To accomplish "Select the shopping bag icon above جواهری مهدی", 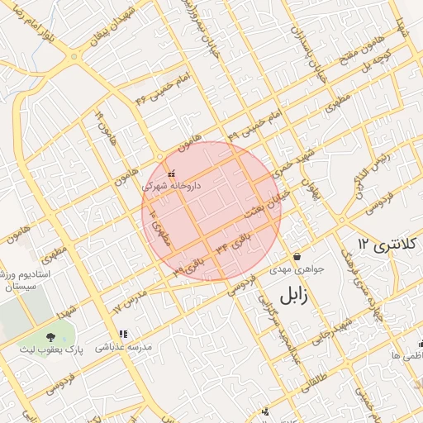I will (x=297, y=256).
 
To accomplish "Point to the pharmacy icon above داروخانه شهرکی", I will (x=171, y=174).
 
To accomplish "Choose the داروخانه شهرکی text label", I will (x=171, y=187).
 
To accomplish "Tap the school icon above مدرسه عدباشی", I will (x=123, y=335).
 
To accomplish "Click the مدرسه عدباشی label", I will (x=124, y=348).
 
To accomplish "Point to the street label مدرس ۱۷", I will (x=129, y=300).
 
